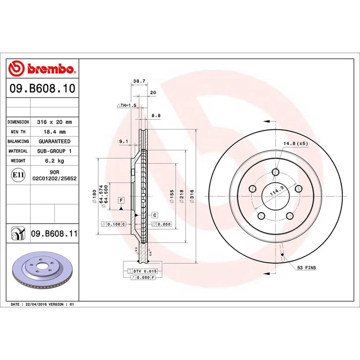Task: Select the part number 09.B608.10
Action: pyautogui.click(x=43, y=89)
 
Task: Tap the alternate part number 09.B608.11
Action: pyautogui.click(x=54, y=234)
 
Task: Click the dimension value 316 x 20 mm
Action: pyautogui.click(x=54, y=122)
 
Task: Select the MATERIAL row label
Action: pyautogui.click(x=18, y=151)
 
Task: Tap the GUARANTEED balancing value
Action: pyautogui.click(x=54, y=141)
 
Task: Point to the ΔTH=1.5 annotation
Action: pyautogui.click(x=126, y=106)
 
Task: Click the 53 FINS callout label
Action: pyautogui.click(x=306, y=268)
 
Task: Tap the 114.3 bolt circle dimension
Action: pyautogui.click(x=276, y=193)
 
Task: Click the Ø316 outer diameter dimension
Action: pyautogui.click(x=192, y=196)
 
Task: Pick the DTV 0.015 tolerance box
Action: pyautogui.click(x=144, y=271)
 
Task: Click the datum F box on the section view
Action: pyautogui.click(x=121, y=200)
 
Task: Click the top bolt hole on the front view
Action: pyautogui.click(x=276, y=172)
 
